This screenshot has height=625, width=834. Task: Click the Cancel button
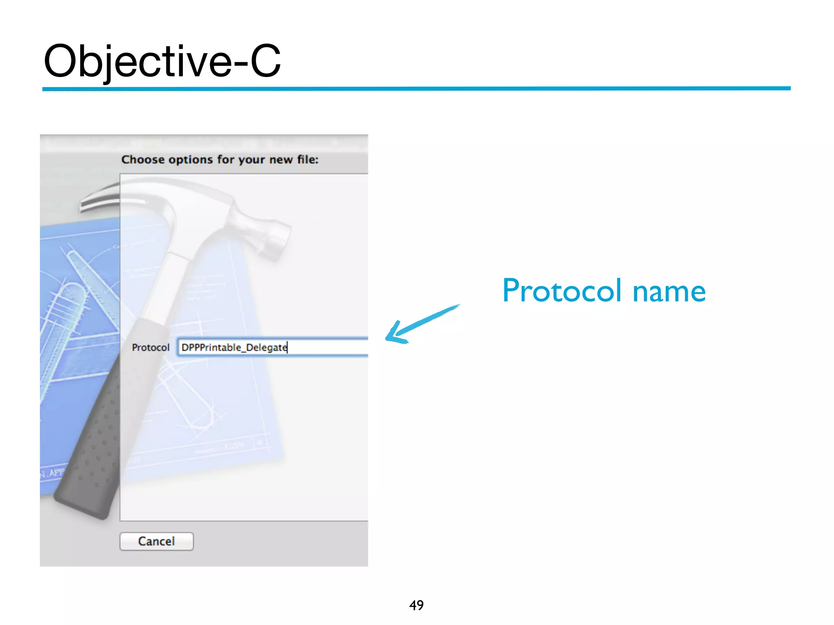(x=156, y=541)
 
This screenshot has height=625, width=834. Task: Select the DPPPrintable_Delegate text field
(x=273, y=347)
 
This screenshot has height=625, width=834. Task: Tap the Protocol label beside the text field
(x=150, y=347)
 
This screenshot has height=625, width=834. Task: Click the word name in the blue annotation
(x=669, y=291)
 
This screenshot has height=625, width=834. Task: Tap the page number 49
(x=416, y=605)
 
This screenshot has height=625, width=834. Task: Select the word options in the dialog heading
(x=191, y=160)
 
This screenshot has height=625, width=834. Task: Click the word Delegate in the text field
(x=267, y=347)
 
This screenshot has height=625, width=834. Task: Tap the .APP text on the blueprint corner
(x=53, y=473)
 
